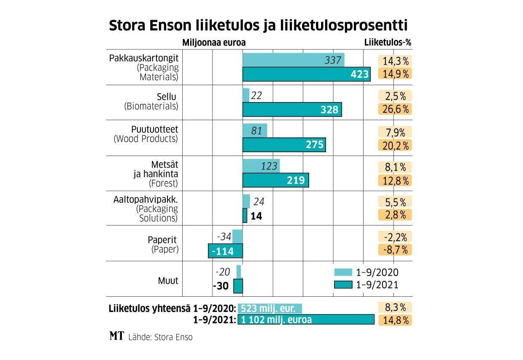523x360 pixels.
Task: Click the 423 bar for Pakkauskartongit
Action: [306, 74]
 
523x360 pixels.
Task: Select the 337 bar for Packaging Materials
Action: [293, 60]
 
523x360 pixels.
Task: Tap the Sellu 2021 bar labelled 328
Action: [292, 110]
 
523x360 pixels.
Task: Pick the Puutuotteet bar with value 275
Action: [284, 145]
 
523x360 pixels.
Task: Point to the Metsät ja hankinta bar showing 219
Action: [275, 180]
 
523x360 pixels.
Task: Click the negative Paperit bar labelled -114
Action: [226, 251]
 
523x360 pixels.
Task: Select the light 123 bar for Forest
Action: [261, 166]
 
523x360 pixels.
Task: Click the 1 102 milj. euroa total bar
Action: [306, 320]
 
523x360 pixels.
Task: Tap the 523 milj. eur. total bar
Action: [270, 307]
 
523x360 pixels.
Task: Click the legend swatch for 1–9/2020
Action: [342, 272]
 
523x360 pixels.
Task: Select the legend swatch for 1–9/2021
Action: [342, 285]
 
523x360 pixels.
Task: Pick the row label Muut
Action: [169, 280]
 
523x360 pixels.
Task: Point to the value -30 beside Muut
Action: [221, 286]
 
